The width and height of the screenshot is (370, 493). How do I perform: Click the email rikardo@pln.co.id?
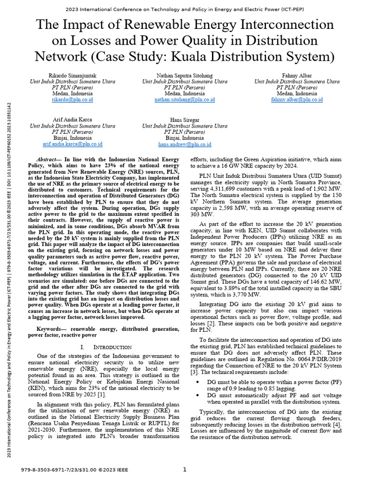72,100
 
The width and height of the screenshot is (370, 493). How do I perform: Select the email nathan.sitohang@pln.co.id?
185,100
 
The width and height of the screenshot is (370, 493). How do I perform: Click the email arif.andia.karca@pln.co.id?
72,144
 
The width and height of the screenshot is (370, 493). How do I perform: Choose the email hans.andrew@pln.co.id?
185,144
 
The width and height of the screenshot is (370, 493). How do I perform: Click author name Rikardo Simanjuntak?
72,76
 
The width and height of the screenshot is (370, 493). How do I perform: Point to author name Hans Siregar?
185,119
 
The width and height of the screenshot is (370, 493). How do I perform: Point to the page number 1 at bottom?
185,470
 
